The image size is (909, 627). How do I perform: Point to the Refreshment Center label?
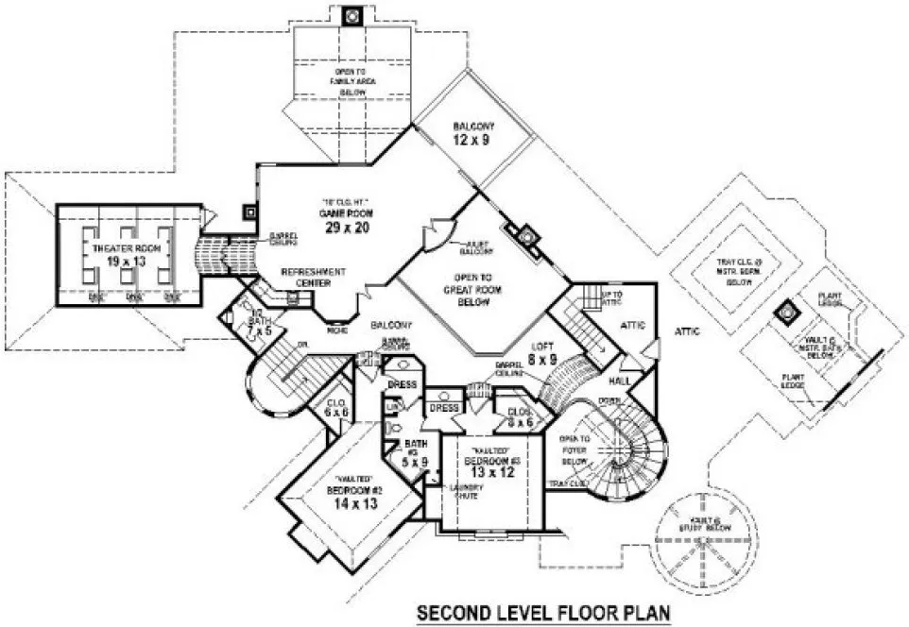pos(313,277)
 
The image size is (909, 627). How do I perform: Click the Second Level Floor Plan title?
pos(543,614)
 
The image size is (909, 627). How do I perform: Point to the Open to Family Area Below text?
pos(352,82)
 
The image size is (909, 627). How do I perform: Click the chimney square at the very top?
pos(352,15)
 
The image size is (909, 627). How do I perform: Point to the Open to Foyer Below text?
pos(576,445)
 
